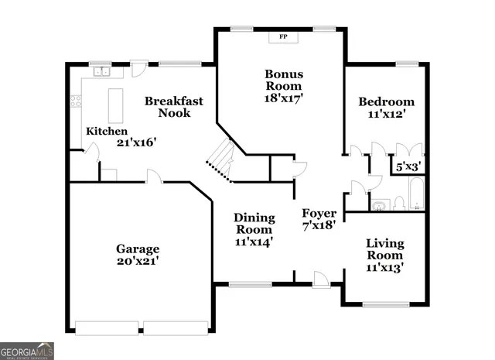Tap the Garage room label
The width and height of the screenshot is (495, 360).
tap(138, 249)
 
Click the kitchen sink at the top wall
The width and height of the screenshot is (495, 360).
tap(102, 73)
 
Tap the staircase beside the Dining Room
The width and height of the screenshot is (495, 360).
tap(221, 158)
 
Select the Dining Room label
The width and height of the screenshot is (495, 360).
tap(254, 224)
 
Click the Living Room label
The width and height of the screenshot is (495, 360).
tap(384, 249)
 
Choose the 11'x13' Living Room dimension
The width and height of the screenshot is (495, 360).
tap(384, 268)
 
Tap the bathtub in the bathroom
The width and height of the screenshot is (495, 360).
tap(415, 196)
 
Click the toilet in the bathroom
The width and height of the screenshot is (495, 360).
tap(398, 204)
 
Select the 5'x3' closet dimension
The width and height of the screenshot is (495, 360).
tap(408, 166)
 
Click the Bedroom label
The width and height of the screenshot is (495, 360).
tap(386, 101)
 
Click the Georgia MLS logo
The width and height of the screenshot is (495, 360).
tap(27, 350)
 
